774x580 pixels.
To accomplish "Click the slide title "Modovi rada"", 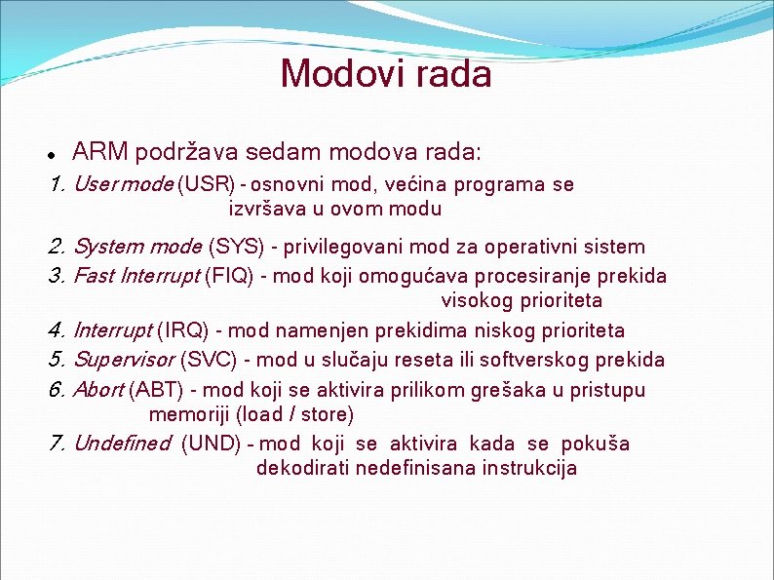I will (386, 73).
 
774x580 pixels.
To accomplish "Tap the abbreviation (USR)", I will (206, 184).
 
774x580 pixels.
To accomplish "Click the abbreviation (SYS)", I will (236, 248).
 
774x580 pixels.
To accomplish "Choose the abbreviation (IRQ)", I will (183, 331).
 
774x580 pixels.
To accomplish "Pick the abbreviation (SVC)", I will (209, 360).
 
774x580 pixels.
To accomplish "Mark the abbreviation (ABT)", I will (159, 390).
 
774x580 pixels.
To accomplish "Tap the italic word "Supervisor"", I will (124, 360).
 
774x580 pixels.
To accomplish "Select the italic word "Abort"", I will (98, 390).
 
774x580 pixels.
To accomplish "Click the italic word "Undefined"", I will (122, 444).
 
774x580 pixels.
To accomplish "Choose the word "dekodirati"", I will (302, 468).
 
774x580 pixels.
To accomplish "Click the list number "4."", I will (57, 331).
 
